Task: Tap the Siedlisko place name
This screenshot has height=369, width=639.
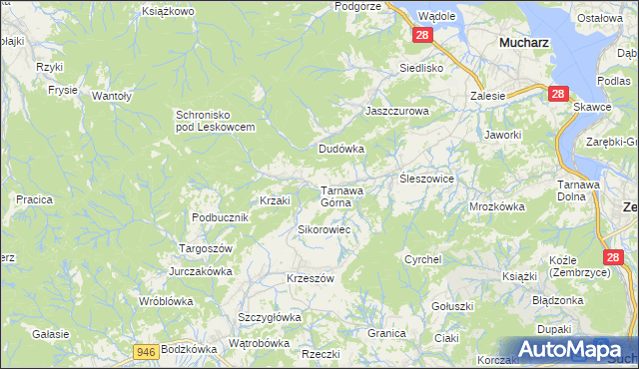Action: click(420, 68)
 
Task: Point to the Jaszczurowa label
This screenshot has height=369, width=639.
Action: click(396, 112)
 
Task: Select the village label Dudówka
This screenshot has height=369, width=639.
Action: click(341, 149)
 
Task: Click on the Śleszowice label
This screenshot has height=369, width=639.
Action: click(427, 179)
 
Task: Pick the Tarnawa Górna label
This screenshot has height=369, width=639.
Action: click(341, 195)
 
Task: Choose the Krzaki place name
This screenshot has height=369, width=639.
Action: click(275, 200)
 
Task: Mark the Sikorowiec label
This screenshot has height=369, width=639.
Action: click(322, 229)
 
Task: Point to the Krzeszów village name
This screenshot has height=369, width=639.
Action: click(310, 278)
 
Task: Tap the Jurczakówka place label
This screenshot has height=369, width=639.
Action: click(201, 271)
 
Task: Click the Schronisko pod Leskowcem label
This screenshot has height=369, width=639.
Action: click(216, 121)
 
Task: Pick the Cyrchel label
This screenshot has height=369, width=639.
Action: click(422, 259)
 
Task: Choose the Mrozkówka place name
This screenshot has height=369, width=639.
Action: click(497, 207)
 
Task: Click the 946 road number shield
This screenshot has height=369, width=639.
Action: click(146, 350)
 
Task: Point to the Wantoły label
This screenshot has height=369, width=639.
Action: click(113, 96)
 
